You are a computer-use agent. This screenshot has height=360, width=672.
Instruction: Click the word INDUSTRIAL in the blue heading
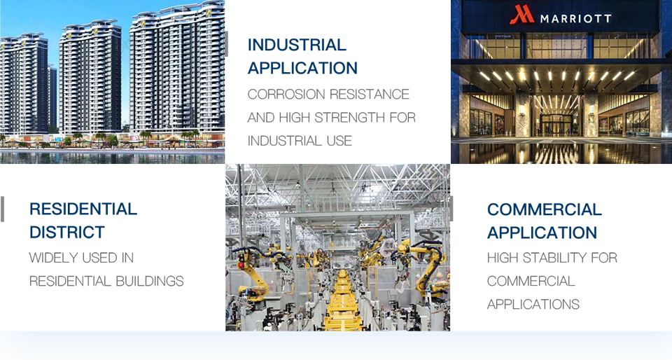(297, 45)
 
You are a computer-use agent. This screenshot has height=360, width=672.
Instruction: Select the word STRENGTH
(350, 118)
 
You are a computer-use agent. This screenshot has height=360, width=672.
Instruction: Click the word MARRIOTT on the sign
(575, 18)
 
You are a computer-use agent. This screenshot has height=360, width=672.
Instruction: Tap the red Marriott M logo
(521, 15)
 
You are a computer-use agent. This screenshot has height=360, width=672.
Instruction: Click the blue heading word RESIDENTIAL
(83, 209)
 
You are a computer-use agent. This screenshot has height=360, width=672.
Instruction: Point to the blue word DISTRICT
(67, 233)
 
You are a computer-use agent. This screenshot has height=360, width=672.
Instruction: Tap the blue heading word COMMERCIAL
(545, 209)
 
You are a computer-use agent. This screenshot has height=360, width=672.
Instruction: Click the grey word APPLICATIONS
(533, 304)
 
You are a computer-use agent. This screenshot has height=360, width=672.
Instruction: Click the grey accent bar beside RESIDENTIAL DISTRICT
(3, 209)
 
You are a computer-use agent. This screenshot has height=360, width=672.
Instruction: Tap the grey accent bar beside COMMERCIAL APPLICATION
(451, 209)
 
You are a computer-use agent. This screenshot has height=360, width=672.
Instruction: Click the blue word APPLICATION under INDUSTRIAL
(302, 68)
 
